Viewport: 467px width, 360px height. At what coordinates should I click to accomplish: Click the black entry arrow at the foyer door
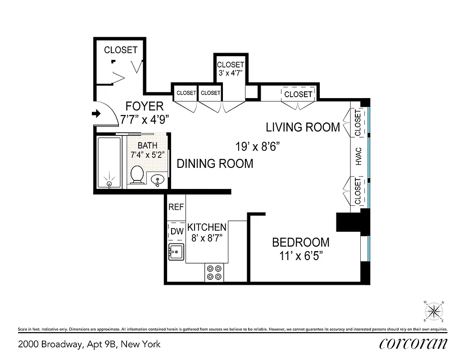[96, 114]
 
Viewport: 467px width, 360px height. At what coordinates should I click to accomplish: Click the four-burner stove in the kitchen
[214, 272]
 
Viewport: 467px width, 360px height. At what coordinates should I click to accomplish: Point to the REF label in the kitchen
[176, 207]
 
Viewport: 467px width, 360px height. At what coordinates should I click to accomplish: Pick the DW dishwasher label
[176, 232]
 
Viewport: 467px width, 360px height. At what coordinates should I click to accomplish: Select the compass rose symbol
[434, 311]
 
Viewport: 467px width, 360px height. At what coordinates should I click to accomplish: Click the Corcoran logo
[413, 344]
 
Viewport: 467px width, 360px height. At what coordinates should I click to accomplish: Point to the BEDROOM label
[300, 243]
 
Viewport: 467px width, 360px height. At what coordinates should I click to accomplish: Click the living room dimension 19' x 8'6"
[258, 147]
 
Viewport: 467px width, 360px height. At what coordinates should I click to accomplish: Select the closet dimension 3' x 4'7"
[230, 72]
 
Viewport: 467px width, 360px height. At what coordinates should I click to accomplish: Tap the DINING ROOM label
[215, 164]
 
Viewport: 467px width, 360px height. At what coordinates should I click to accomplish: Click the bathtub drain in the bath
[109, 184]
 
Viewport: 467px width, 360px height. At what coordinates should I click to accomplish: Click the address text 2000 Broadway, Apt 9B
[89, 344]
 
